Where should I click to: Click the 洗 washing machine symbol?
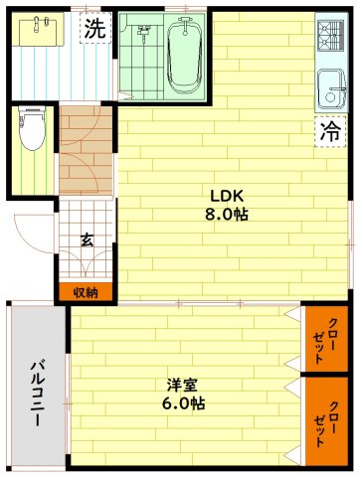click(94, 30)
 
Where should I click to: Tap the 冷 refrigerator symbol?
click(329, 130)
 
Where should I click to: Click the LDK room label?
click(227, 195)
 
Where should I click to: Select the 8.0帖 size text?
click(227, 215)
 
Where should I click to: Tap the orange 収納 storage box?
click(86, 292)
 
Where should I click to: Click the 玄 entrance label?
click(87, 239)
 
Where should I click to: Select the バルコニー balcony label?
click(36, 392)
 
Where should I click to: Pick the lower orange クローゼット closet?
click(325, 422)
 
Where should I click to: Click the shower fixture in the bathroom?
click(143, 38)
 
